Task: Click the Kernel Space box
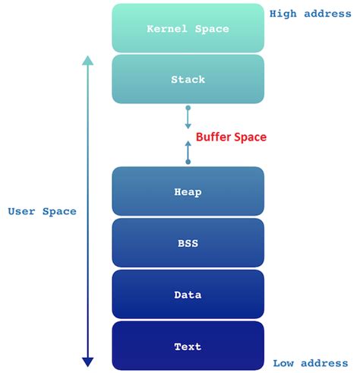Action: tap(188, 28)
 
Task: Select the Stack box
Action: tap(188, 79)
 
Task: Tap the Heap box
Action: tap(188, 192)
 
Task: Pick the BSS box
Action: tap(188, 244)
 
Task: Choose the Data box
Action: tap(188, 295)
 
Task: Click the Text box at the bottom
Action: tap(188, 346)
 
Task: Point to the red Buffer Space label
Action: tap(232, 138)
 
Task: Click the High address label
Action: tap(308, 13)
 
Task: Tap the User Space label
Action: tap(43, 211)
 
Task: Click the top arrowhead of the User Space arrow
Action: tap(87, 60)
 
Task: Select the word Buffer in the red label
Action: tap(215, 138)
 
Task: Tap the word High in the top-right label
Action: tap(283, 13)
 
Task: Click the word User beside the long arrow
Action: tap(22, 211)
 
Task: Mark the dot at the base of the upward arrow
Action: tap(188, 161)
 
